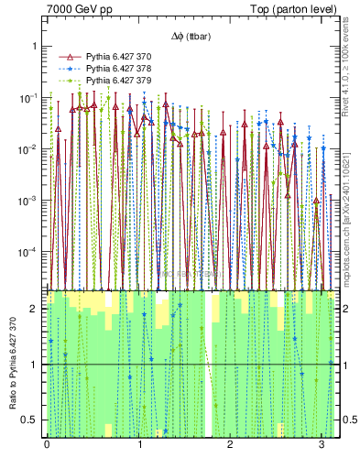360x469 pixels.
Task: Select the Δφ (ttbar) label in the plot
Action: point(188,37)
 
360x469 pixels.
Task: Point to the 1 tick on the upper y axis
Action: point(36,46)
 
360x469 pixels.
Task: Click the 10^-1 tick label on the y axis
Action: point(30,97)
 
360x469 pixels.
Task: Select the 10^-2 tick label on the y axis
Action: point(30,148)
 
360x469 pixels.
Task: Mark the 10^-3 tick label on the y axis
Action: point(30,200)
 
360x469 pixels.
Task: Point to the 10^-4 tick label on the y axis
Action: point(30,251)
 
